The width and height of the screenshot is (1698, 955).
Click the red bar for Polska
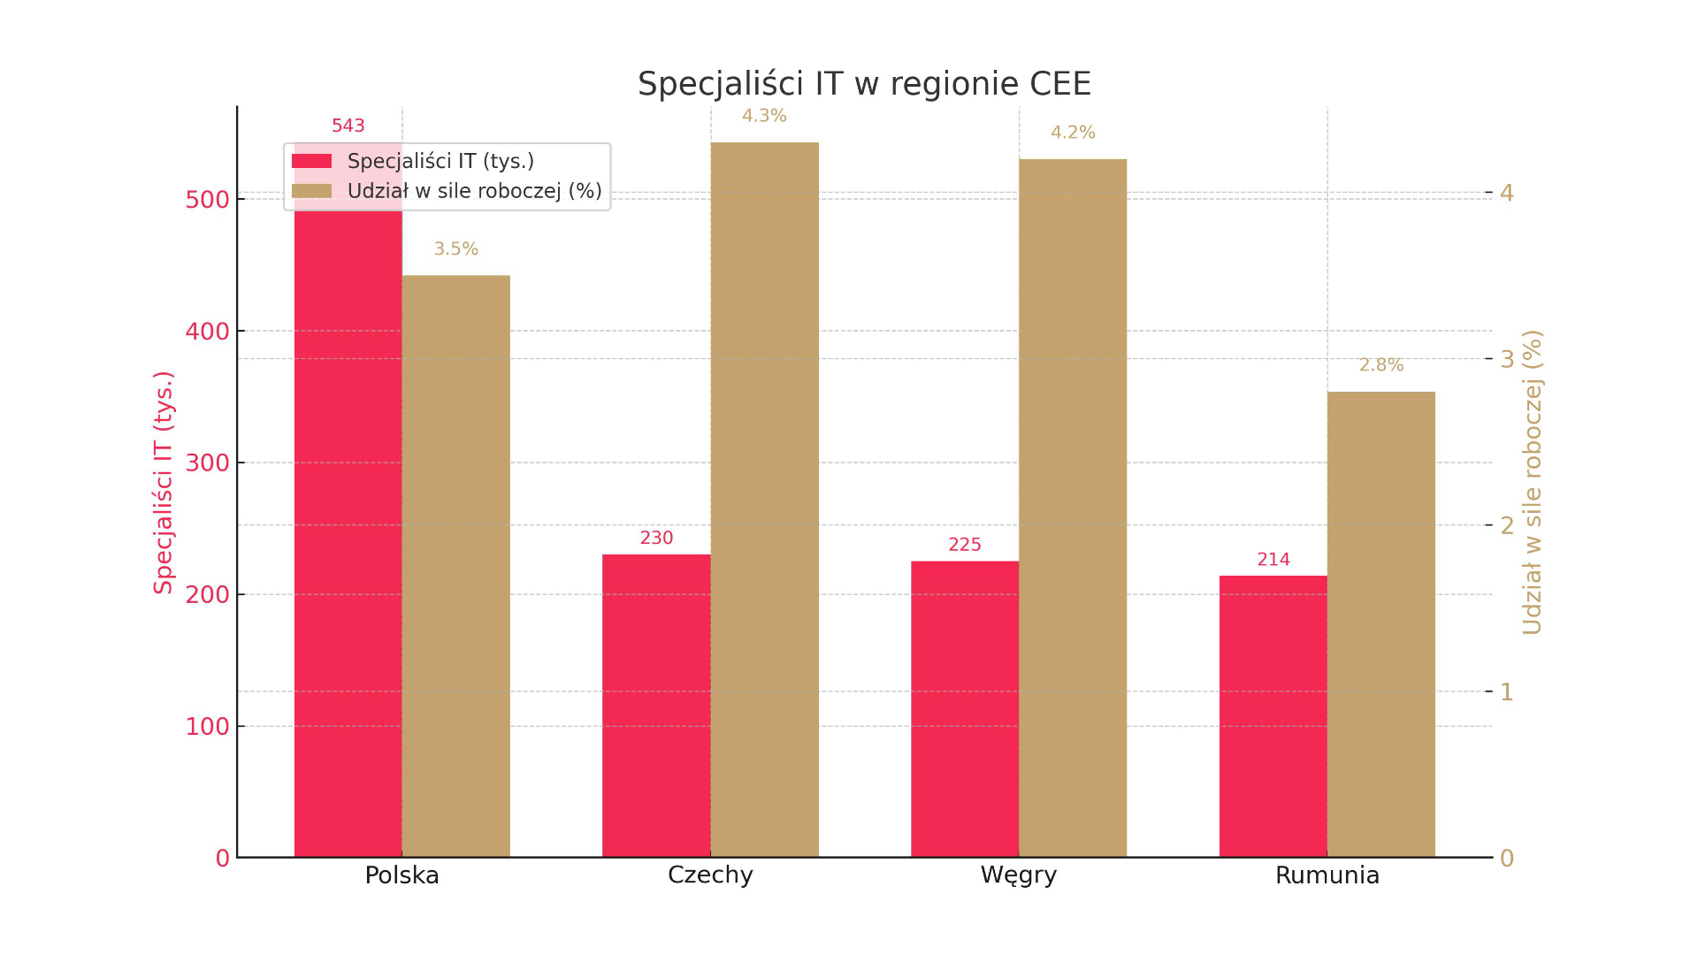(x=348, y=531)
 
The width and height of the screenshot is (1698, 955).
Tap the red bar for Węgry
(x=964, y=708)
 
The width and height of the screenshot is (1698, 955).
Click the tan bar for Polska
(x=455, y=566)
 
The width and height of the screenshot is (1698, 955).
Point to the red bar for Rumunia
(x=1273, y=716)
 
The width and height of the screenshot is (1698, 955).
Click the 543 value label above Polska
(x=348, y=126)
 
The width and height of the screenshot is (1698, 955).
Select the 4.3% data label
(x=764, y=116)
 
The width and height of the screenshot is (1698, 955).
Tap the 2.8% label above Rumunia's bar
(x=1381, y=364)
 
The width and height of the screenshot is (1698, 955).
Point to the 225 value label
(x=964, y=545)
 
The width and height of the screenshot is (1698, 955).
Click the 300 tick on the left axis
(x=207, y=462)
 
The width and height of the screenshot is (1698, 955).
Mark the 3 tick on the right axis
(x=1507, y=359)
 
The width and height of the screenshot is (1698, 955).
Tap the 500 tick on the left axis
(x=207, y=200)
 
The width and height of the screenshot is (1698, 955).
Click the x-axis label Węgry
(x=1018, y=875)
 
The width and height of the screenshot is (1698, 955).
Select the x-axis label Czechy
(x=710, y=875)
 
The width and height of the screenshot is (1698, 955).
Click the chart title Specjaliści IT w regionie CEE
(x=864, y=84)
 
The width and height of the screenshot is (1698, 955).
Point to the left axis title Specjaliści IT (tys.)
(x=164, y=482)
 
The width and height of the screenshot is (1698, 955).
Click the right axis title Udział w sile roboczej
(x=1532, y=482)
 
